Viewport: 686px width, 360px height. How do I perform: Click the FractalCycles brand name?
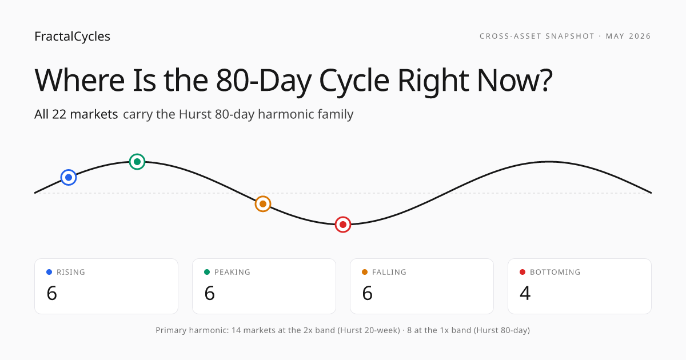pyautogui.click(x=72, y=37)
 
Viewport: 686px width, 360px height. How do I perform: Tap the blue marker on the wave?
pyautogui.click(x=69, y=177)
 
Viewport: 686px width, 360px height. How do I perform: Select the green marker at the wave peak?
pyautogui.click(x=137, y=162)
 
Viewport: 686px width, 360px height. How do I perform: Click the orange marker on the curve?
pyautogui.click(x=263, y=204)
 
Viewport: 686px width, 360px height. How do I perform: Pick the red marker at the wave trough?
pyautogui.click(x=343, y=225)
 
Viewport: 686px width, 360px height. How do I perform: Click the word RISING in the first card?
pyautogui.click(x=71, y=272)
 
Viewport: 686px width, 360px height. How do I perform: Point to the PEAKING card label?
pyautogui.click(x=232, y=272)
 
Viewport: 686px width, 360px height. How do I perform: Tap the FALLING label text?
pyautogui.click(x=389, y=272)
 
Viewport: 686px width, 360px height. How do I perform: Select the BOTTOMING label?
pyautogui.click(x=555, y=272)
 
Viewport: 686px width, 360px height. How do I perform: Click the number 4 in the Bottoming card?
pyautogui.click(x=525, y=293)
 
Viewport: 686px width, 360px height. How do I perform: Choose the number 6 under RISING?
pyautogui.click(x=52, y=293)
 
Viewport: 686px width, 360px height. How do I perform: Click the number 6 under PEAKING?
pyautogui.click(x=209, y=293)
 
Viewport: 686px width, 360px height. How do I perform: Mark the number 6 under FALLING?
pyautogui.click(x=367, y=293)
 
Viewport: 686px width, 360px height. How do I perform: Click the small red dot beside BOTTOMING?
pyautogui.click(x=523, y=272)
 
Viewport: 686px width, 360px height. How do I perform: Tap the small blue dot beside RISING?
pyautogui.click(x=49, y=272)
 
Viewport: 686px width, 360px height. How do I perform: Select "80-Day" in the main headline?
pyautogui.click(x=264, y=81)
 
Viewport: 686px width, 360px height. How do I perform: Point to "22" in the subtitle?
pyautogui.click(x=59, y=114)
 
